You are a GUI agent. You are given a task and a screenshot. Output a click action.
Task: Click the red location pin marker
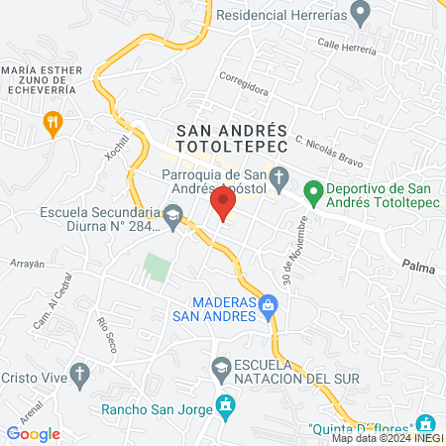223,205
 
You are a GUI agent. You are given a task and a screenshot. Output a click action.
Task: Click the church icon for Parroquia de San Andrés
280,178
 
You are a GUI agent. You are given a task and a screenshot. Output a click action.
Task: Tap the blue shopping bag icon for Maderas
267,307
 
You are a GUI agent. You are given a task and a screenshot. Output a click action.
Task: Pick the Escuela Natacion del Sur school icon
221,370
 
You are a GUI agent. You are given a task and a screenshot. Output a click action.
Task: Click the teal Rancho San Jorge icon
228,405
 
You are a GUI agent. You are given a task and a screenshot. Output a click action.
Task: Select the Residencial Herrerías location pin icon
361,15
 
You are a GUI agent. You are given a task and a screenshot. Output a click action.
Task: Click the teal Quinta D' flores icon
428,424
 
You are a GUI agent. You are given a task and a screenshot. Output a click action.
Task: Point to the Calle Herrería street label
348,47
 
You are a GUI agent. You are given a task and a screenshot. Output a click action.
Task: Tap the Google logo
34,433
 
